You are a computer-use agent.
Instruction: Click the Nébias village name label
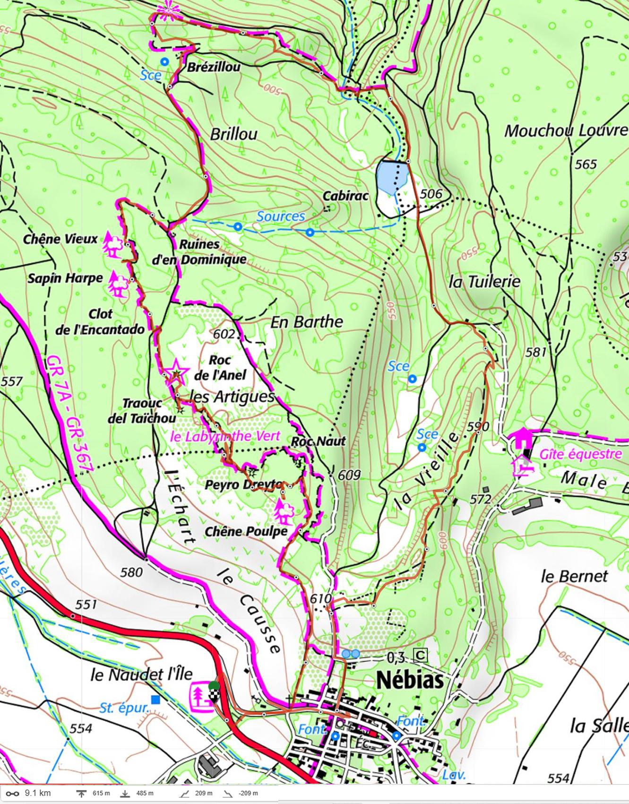[410, 681]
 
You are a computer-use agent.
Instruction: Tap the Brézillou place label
[214, 67]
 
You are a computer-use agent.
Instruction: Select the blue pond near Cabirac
[392, 177]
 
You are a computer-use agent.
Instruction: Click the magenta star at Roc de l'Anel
[175, 371]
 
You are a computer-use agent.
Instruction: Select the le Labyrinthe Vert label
[224, 436]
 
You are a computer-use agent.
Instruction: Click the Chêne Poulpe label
[246, 532]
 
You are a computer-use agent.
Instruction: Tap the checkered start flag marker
[214, 693]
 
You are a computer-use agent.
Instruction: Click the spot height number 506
[431, 193]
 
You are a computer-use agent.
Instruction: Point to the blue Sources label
[281, 216]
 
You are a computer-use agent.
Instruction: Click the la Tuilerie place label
[484, 282]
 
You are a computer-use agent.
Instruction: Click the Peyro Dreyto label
[243, 485]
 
